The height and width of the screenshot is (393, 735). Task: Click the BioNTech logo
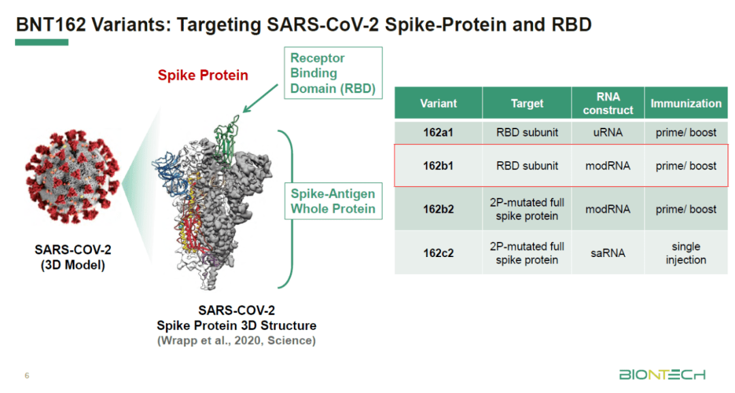click(662, 375)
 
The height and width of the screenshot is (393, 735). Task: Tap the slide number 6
click(27, 375)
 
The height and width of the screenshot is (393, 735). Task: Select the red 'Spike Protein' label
click(203, 75)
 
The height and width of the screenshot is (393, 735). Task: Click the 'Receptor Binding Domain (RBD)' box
click(333, 73)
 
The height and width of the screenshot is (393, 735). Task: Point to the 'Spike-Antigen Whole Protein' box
click(333, 201)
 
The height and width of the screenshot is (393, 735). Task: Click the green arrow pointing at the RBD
click(260, 99)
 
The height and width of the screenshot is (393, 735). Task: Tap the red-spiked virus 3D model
click(73, 176)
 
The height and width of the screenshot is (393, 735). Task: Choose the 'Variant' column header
click(438, 103)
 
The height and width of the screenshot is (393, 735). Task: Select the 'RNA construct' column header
click(608, 103)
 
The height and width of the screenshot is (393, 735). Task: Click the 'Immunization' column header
click(686, 103)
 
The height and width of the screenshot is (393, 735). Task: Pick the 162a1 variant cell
click(438, 133)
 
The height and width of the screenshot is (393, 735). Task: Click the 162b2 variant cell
click(438, 209)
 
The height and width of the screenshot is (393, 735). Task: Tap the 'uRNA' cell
click(608, 133)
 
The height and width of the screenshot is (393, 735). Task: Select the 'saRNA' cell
click(608, 253)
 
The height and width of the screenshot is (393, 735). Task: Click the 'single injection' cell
click(686, 253)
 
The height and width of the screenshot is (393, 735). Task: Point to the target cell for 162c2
click(527, 253)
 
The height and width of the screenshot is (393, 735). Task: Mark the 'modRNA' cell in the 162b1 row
click(608, 166)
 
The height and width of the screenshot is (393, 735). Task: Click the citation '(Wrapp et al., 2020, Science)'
click(236, 341)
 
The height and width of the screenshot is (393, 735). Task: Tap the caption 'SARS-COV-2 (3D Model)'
click(73, 257)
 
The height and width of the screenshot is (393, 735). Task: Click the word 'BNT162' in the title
click(51, 24)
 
